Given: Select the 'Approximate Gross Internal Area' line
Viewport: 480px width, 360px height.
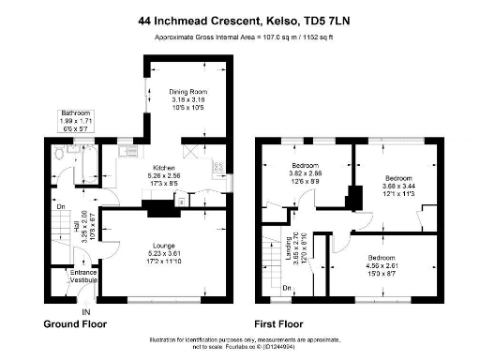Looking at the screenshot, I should [x=240, y=37].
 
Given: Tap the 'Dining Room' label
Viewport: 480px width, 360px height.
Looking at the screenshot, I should [x=187, y=92].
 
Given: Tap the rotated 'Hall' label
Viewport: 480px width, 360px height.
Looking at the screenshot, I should [x=74, y=226].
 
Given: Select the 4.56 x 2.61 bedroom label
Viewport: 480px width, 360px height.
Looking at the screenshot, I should [x=382, y=257].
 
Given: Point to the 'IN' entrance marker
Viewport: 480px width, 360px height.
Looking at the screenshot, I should [x=85, y=311].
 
